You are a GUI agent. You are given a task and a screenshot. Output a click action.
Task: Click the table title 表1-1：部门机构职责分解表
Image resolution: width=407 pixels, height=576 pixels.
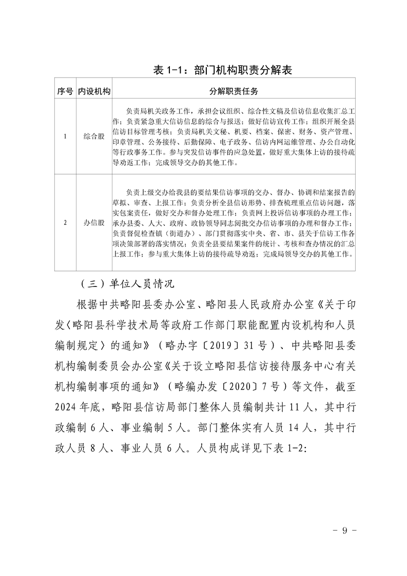point(226,70)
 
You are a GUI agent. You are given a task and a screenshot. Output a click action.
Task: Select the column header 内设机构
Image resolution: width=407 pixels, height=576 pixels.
point(94,92)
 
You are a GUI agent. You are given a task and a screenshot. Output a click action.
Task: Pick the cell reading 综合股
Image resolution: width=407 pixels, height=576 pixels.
point(94,137)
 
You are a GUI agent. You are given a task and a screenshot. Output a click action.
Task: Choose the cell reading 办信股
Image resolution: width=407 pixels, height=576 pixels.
point(94,223)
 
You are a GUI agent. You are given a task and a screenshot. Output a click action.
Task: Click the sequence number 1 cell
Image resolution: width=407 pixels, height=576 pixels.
point(65,137)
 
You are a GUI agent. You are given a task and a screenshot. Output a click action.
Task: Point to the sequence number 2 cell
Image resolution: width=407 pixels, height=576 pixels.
point(65,223)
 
